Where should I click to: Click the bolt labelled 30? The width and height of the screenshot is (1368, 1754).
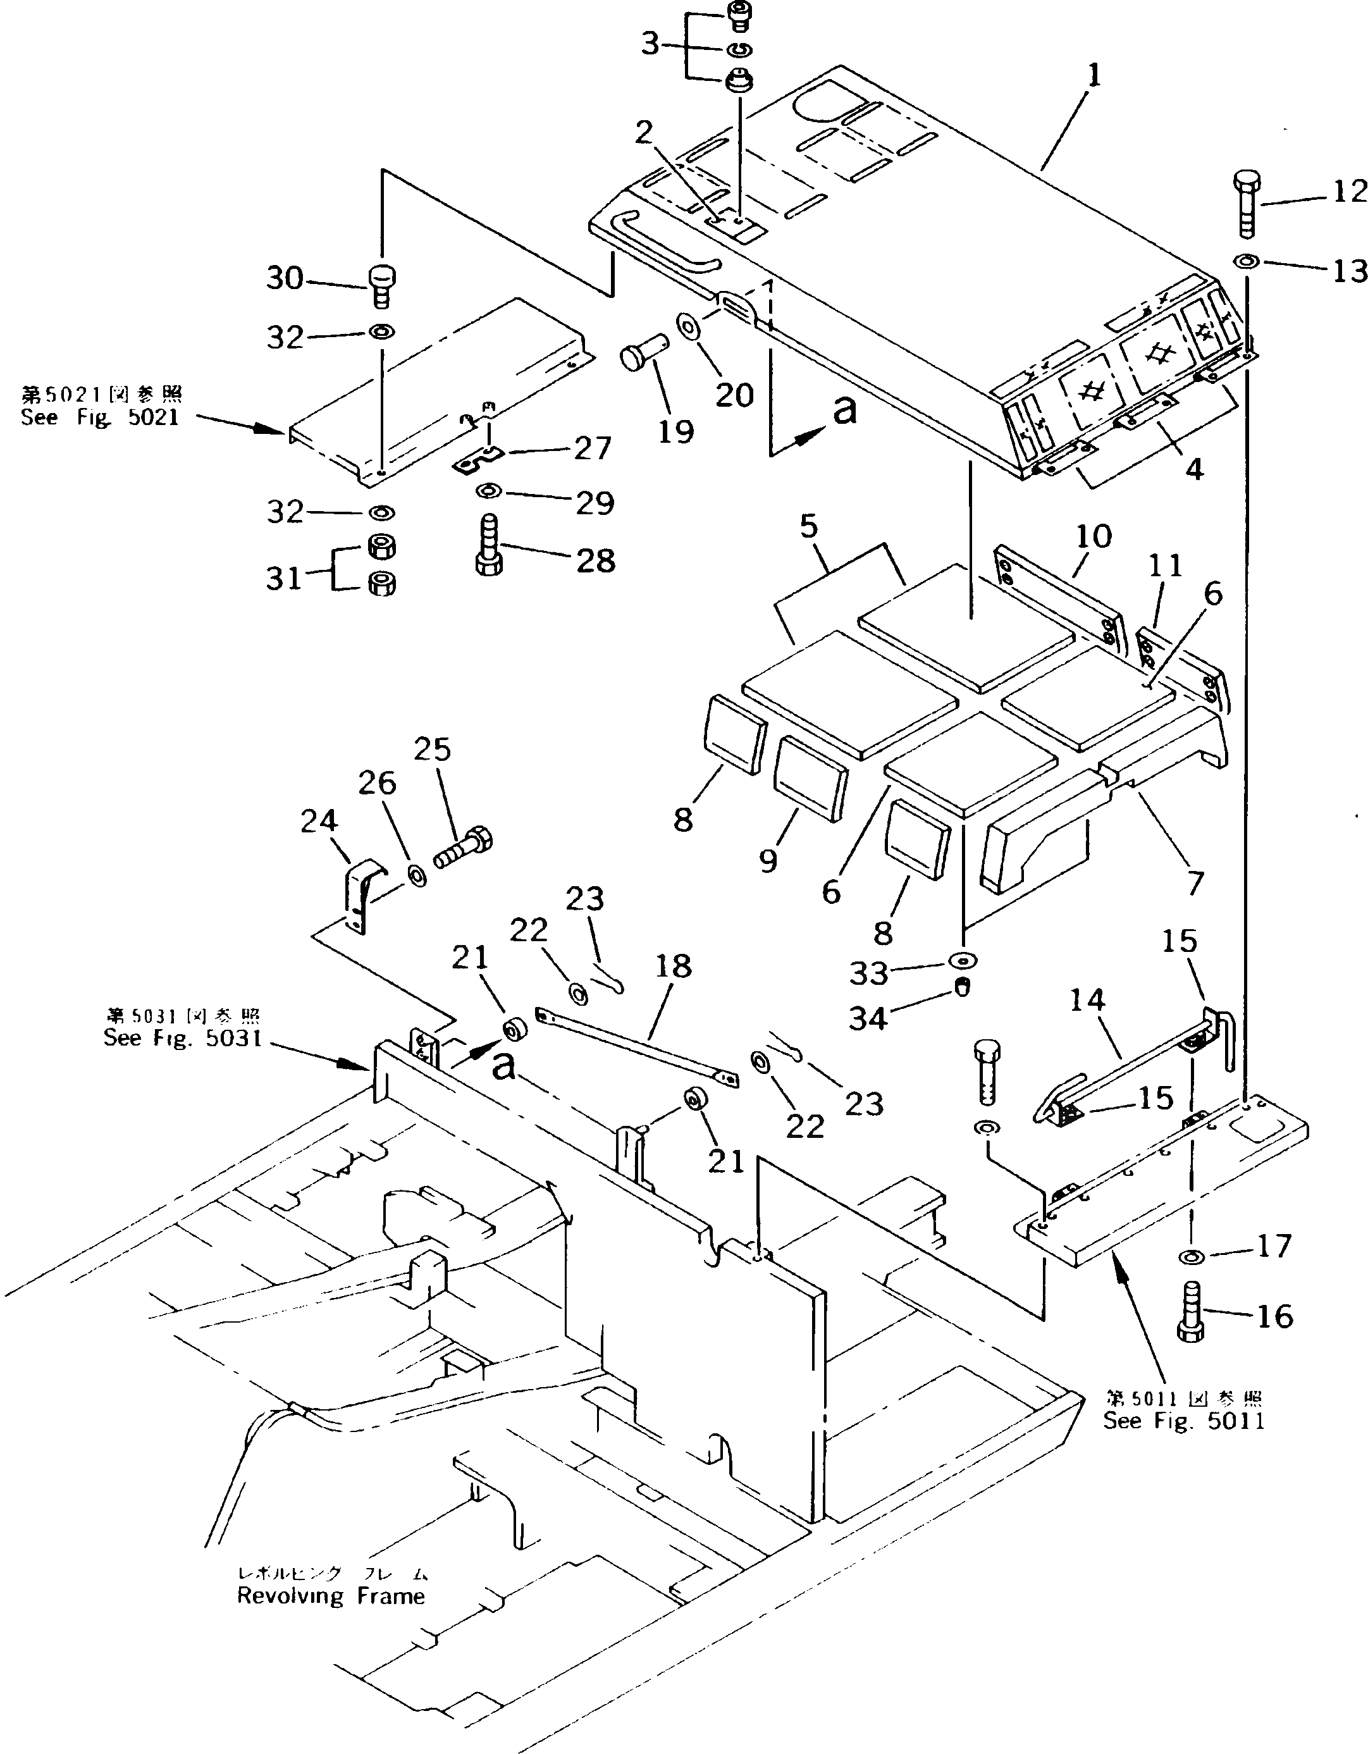(381, 286)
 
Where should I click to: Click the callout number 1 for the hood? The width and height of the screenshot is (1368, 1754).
(1094, 77)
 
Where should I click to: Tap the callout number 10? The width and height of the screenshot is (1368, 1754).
(1094, 536)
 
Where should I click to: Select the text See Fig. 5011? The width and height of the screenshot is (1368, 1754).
(1183, 1421)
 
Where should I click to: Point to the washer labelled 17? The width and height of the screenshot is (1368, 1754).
(1192, 1256)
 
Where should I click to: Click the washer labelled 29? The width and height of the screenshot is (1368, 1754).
(488, 491)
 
